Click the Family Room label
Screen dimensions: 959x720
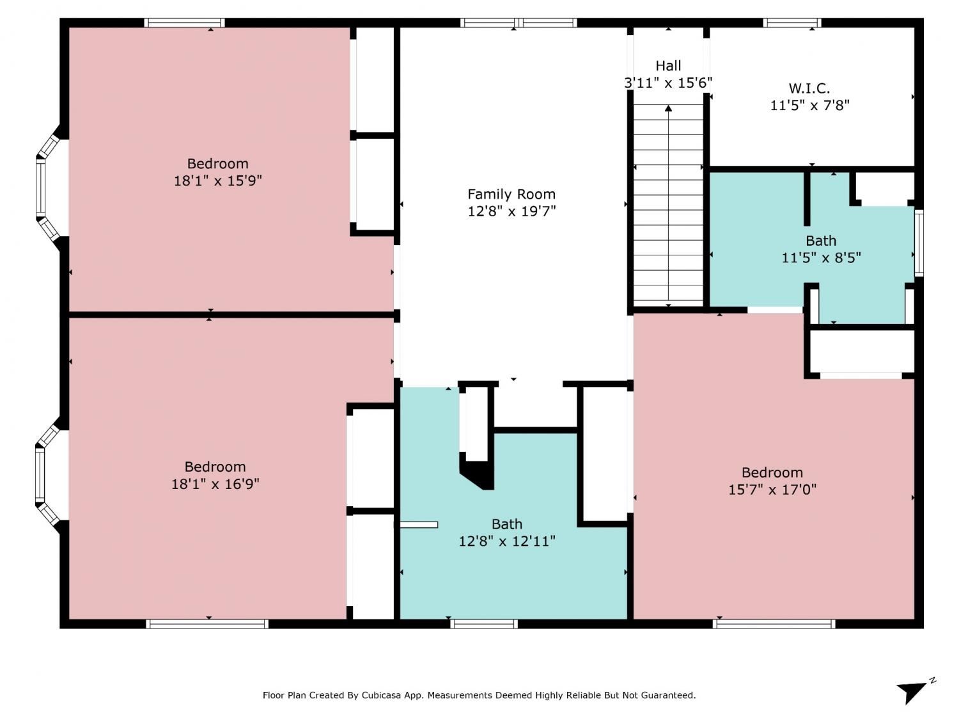511,194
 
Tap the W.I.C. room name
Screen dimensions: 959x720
809,89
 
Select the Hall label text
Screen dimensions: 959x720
668,65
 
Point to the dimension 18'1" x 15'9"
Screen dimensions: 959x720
217,180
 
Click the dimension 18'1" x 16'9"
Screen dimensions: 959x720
215,483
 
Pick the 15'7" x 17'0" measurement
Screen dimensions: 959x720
772,489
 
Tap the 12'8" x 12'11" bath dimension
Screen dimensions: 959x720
507,541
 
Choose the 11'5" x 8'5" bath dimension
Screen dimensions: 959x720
821,257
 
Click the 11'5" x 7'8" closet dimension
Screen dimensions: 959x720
809,106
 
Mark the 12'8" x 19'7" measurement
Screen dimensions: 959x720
511,211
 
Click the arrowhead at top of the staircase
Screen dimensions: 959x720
668,108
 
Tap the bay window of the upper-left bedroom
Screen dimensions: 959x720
48,188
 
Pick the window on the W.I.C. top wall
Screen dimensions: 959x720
791,23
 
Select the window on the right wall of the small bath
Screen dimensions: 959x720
919,243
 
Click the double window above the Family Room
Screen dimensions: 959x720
518,23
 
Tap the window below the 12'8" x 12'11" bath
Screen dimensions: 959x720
484,624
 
